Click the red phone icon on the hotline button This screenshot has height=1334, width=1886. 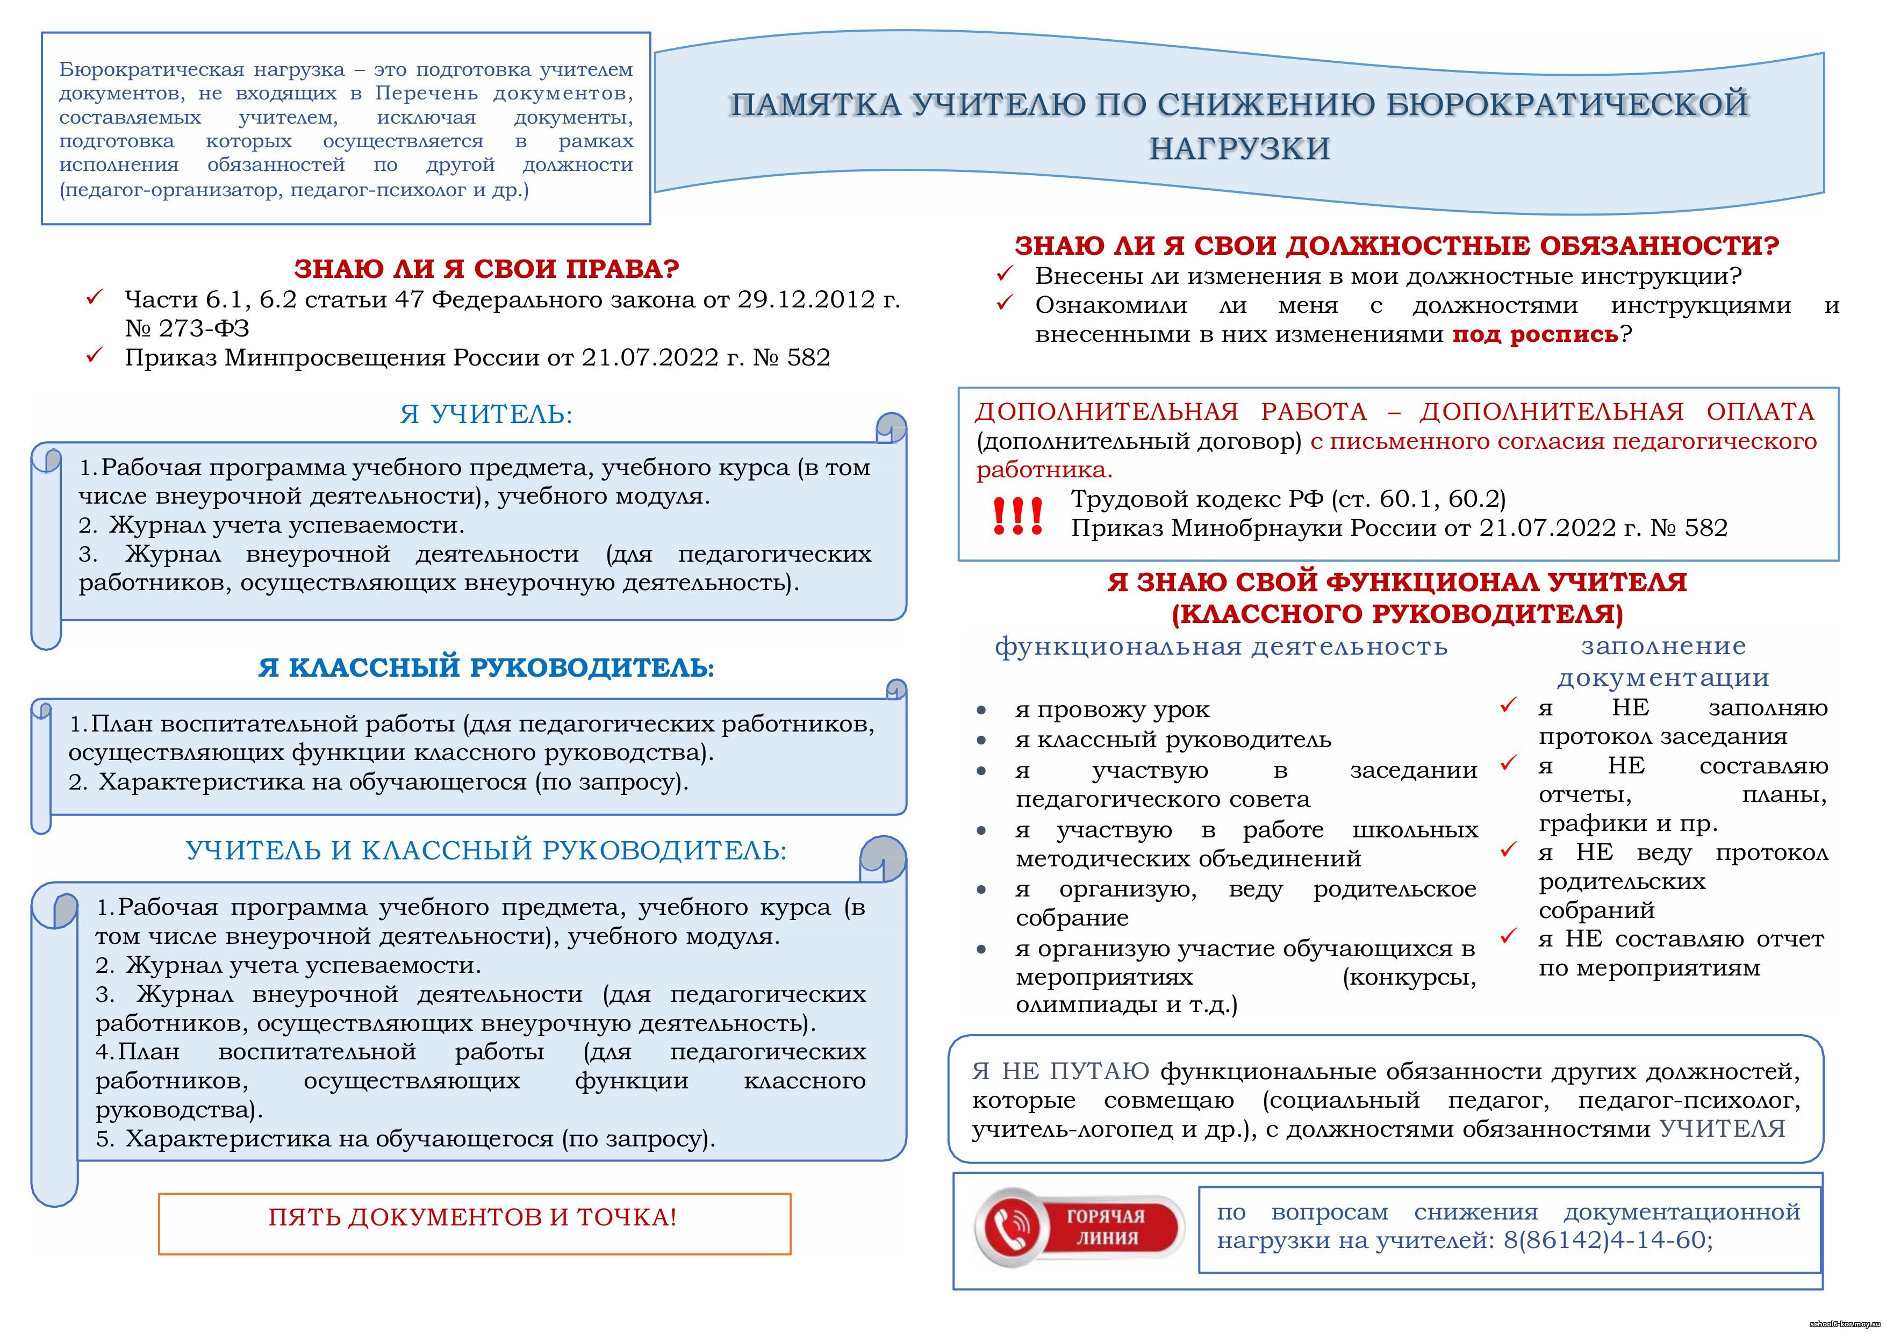coord(1012,1227)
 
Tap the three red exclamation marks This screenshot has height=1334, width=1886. coord(1017,516)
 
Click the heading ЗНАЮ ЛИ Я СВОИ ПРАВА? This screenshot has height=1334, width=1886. coord(486,269)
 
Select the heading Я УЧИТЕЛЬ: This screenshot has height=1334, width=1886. coord(486,414)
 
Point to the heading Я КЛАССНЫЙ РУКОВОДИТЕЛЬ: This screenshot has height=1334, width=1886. coord(486,667)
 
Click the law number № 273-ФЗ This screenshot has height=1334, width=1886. coord(187,328)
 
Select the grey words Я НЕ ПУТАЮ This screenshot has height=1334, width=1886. coord(1060,1071)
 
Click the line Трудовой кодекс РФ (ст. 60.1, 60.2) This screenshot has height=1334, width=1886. coord(1288,499)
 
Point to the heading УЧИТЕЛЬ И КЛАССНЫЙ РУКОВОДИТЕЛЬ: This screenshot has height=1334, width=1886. coord(486,850)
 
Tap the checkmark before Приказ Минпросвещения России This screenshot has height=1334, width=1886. coord(95,356)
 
